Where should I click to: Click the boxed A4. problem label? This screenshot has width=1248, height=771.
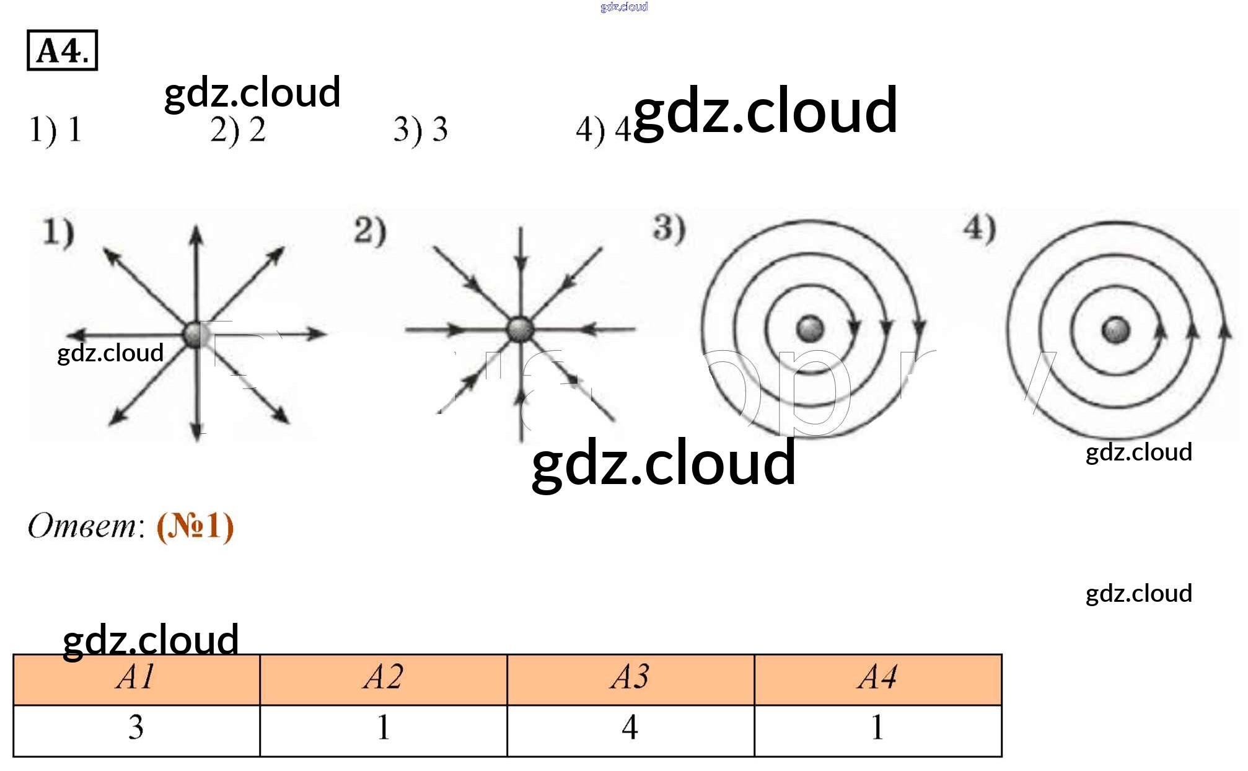click(x=62, y=50)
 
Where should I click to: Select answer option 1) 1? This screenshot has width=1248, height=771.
click(x=56, y=130)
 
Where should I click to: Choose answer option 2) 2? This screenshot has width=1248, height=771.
click(x=238, y=130)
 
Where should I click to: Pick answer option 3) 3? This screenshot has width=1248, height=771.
click(x=420, y=130)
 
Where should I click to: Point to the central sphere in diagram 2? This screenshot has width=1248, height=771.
click(x=521, y=329)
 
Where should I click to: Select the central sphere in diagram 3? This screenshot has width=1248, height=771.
click(x=809, y=328)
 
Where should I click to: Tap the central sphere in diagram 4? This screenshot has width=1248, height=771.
click(x=1115, y=329)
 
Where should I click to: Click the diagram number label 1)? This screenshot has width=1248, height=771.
click(x=58, y=233)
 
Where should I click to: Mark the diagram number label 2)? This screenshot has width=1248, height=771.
click(x=370, y=231)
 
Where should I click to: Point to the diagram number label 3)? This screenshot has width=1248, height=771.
click(x=669, y=228)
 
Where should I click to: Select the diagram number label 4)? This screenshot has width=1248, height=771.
click(x=980, y=228)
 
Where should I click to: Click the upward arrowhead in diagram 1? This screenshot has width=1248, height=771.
click(x=196, y=236)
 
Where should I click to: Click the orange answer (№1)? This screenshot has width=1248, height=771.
click(x=195, y=527)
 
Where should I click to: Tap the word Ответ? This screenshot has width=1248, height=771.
click(x=82, y=526)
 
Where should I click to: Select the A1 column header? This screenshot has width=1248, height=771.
click(x=136, y=677)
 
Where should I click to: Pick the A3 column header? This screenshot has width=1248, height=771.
click(x=630, y=677)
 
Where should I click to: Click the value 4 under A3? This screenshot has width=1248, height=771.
click(x=630, y=728)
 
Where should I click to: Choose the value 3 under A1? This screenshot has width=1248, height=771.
click(x=136, y=728)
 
